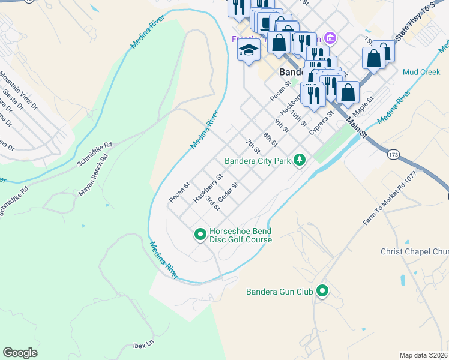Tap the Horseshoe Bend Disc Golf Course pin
[x=200, y=234]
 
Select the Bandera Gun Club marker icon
[x=322, y=292]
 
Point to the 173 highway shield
[x=393, y=155]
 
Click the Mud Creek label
[x=421, y=72]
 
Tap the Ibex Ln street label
[x=143, y=346]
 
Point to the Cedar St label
[x=229, y=192]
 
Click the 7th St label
[x=253, y=145]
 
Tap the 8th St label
[x=270, y=140]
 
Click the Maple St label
[x=363, y=105]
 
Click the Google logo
[x=20, y=353]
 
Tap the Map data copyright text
[x=424, y=355]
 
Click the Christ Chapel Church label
[x=414, y=251]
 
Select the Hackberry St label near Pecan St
[x=208, y=188]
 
